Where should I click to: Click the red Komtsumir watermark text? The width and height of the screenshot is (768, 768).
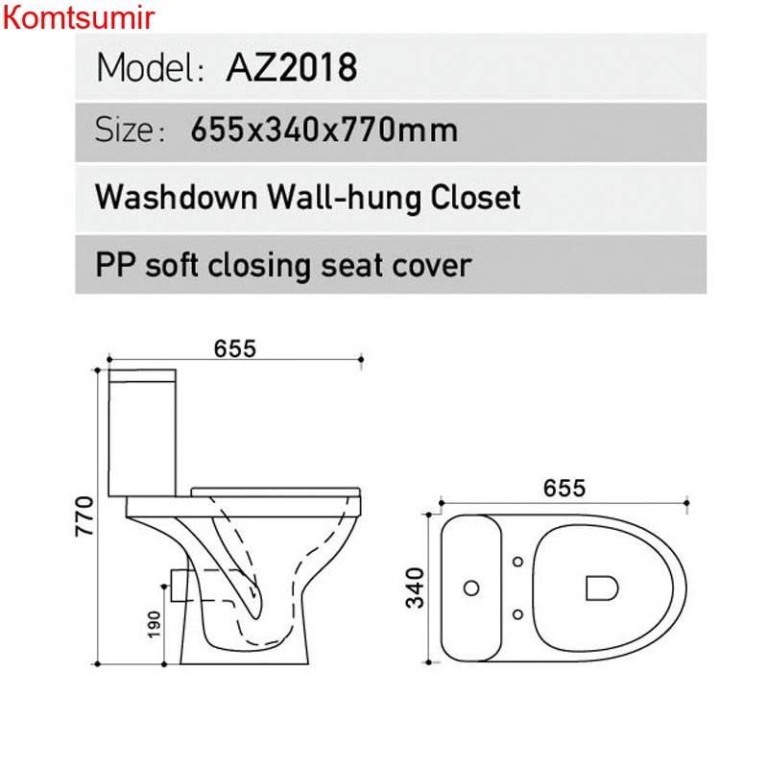point(79,17)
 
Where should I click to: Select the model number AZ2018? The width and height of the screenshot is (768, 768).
point(292,67)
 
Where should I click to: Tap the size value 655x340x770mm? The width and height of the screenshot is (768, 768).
point(324,131)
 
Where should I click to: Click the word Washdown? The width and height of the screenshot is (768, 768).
point(177,197)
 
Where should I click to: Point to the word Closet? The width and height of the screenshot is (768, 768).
point(475,197)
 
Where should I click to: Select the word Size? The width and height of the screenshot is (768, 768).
point(125,131)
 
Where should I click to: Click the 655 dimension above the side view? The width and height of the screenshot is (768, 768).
point(235,348)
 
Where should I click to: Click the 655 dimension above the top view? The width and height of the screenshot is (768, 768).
point(564,489)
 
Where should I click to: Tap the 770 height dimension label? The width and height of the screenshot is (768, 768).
point(84,516)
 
